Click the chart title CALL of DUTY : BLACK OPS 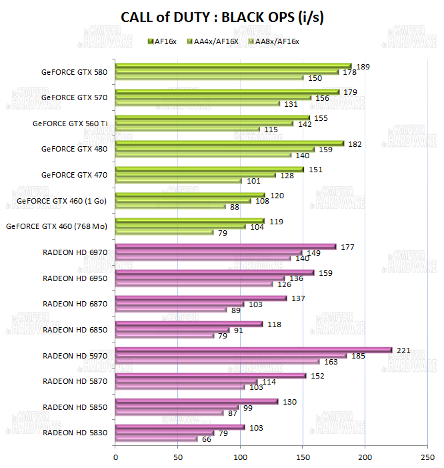[222, 18]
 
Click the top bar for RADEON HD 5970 [253, 349]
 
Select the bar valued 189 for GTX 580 [233, 66]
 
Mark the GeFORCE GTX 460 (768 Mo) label [57, 226]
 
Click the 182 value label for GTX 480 [355, 144]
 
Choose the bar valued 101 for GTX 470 [179, 180]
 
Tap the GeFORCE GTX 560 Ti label [70, 123]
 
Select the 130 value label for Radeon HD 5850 [290, 401]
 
